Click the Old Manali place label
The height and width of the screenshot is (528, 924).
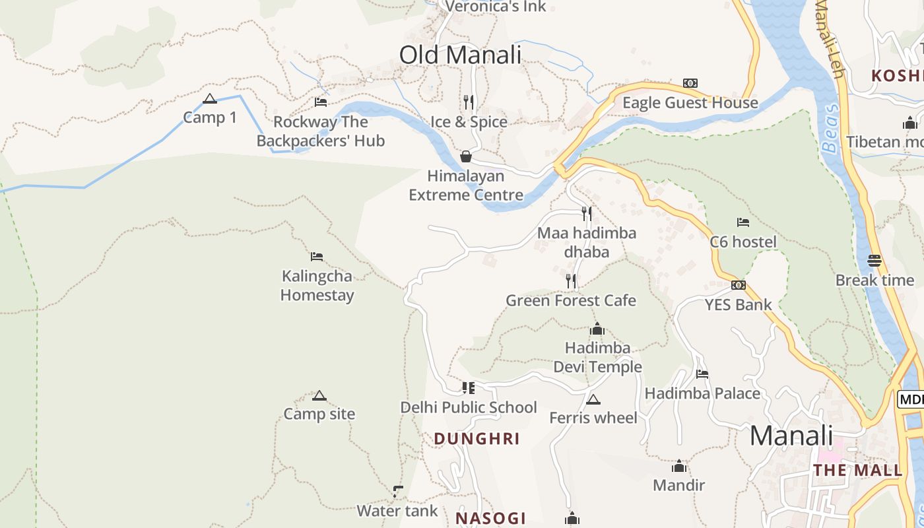click(x=460, y=55)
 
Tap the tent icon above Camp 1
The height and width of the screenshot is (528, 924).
click(x=210, y=99)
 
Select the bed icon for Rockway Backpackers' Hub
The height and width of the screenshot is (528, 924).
click(x=321, y=102)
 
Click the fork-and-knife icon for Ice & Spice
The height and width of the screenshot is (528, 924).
click(x=469, y=102)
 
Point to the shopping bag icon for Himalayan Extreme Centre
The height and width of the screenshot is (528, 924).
click(x=466, y=156)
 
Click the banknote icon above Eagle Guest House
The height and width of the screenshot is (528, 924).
click(x=690, y=83)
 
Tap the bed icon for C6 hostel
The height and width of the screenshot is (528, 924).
click(x=743, y=222)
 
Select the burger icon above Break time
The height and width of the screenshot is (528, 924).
click(x=874, y=261)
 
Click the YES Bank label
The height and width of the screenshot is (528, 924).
click(x=738, y=305)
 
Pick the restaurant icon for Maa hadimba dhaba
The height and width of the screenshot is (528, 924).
click(x=586, y=213)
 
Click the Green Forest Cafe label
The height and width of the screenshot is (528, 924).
click(x=571, y=301)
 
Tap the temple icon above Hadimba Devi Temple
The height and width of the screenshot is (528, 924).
click(x=597, y=329)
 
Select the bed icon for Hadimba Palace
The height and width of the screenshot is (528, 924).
click(x=702, y=374)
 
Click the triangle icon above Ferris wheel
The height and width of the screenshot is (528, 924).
click(x=593, y=399)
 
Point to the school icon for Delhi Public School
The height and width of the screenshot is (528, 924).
click(x=469, y=388)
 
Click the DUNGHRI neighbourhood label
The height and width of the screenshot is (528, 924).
click(x=477, y=439)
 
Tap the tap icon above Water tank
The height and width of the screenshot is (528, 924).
click(x=397, y=491)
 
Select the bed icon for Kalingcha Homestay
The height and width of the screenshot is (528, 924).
click(x=317, y=257)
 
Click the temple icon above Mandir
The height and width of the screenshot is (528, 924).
click(x=678, y=467)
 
